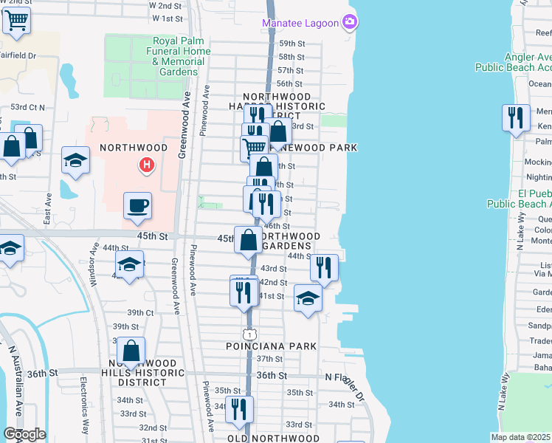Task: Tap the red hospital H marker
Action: tap(147, 164)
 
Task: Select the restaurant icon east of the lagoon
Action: tap(516, 117)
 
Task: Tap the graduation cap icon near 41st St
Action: tap(308, 299)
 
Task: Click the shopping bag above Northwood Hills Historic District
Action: tap(131, 350)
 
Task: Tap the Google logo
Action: tap(24, 434)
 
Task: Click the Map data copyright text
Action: tap(520, 437)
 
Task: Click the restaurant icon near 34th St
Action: tap(239, 408)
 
